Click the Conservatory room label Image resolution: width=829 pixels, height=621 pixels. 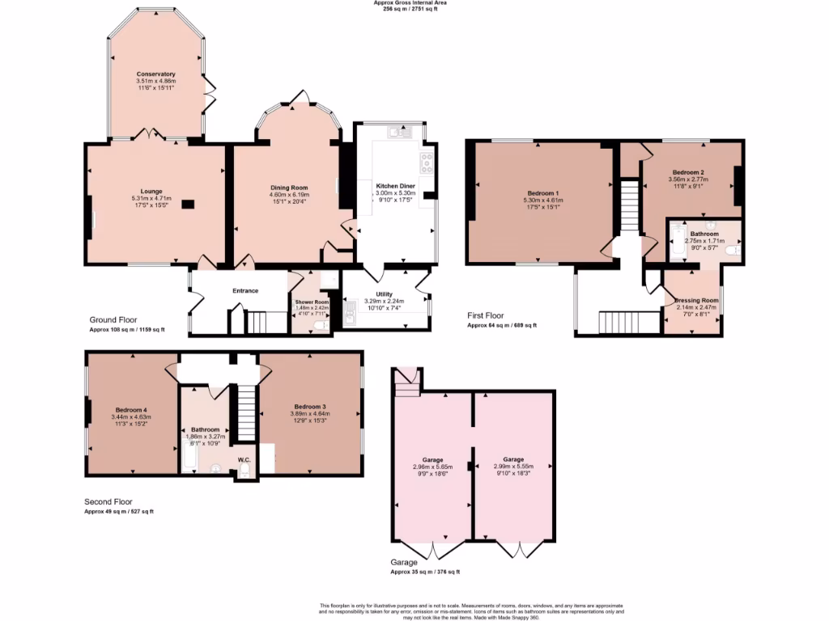[156, 74]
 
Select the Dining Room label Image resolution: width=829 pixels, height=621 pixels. [290, 188]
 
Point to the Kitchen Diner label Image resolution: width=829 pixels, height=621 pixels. [396, 186]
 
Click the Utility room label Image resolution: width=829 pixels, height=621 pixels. [384, 294]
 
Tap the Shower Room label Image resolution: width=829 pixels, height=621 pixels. [310, 302]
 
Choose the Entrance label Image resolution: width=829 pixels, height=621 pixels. [245, 291]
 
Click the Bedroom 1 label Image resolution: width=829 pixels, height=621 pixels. [543, 193]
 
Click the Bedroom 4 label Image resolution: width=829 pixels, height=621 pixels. [131, 409]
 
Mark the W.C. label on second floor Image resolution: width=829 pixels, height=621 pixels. [244, 460]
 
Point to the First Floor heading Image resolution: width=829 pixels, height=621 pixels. [486, 315]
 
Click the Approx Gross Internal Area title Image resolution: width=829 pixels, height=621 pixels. [410, 3]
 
